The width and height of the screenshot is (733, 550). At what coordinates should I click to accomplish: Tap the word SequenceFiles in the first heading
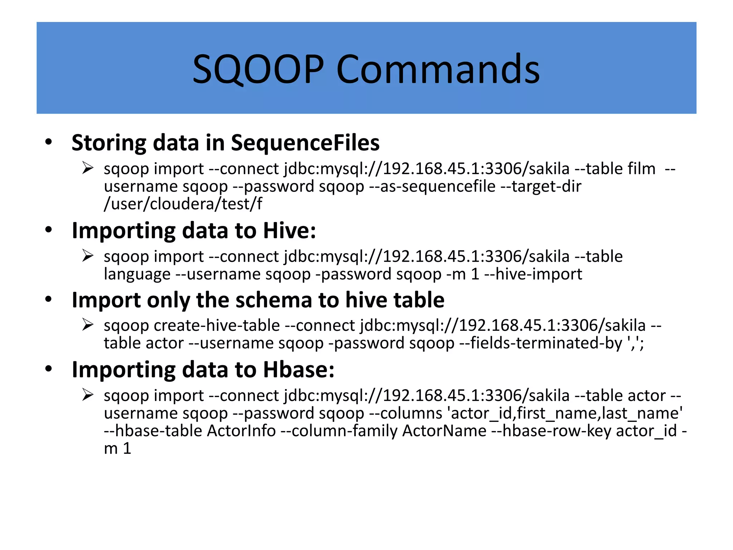[305, 143]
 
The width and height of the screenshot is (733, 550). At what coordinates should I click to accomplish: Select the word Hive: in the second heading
[290, 230]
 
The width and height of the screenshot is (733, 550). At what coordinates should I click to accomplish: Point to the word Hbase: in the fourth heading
[298, 370]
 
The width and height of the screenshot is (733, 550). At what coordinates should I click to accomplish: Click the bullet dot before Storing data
[49, 142]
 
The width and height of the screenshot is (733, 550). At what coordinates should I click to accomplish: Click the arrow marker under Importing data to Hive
[88, 256]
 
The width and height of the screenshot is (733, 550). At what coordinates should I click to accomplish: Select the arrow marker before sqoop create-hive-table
[88, 325]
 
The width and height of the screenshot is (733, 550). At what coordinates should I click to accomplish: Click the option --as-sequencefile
[432, 186]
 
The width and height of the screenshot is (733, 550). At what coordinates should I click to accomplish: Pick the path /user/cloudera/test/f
[183, 204]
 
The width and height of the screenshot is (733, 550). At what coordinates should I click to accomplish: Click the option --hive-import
[533, 274]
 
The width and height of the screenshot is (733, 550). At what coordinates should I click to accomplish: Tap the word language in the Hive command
[137, 274]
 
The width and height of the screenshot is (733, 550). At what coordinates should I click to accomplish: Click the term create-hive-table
[217, 325]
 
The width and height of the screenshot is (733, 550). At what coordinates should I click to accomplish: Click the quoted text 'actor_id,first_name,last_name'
[565, 413]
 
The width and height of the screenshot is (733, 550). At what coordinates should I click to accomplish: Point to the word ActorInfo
[241, 431]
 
